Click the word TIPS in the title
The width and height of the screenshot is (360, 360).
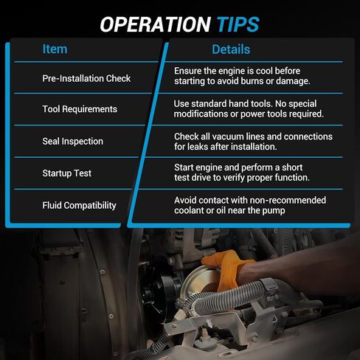(x=238, y=24)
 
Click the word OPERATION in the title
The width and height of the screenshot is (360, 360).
(x=156, y=24)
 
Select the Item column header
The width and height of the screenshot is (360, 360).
(x=55, y=49)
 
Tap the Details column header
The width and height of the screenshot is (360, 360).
(x=231, y=49)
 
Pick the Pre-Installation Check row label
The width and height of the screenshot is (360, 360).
(x=86, y=78)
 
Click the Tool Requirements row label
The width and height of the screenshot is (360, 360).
(x=80, y=109)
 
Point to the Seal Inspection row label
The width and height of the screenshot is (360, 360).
(x=72, y=142)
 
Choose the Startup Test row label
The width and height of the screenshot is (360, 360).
(x=66, y=173)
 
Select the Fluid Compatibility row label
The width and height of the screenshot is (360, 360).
(x=79, y=206)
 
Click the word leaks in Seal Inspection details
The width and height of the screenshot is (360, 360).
(x=198, y=147)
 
